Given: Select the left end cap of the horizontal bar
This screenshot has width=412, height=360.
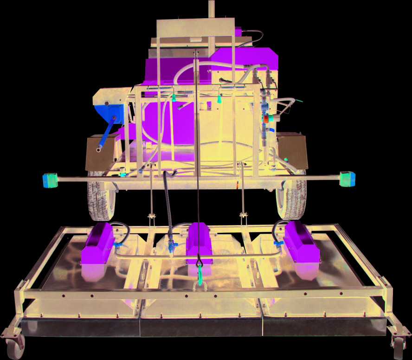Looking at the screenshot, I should tap(51, 180).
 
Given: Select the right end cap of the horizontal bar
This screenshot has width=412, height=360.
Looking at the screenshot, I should tap(347, 179).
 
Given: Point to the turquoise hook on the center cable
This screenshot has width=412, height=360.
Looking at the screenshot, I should tap(200, 276).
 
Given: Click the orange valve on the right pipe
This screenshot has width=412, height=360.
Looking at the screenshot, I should tap(266, 119).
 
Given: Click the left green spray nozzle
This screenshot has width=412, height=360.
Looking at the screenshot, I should tap(173, 98).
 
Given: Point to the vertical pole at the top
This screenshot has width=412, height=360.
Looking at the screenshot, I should tap(212, 9).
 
